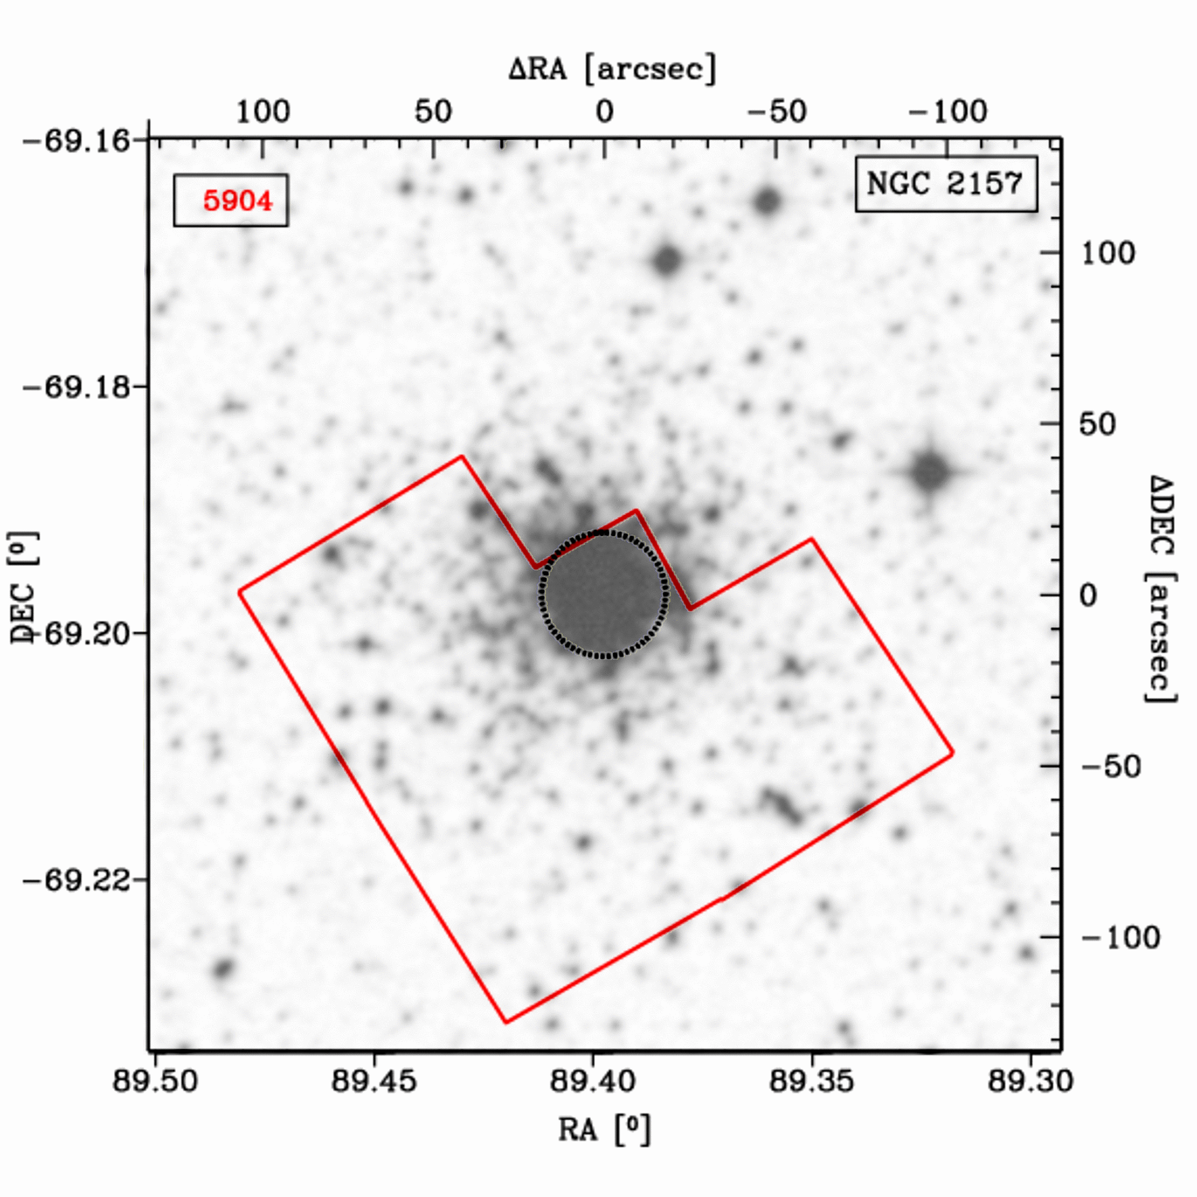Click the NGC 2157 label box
point(946,184)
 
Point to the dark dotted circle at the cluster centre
point(603,594)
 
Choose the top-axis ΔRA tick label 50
point(433,112)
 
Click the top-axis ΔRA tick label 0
point(604,112)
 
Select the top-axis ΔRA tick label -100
point(948,112)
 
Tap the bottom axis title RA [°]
point(604,1129)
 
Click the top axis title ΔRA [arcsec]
point(612,68)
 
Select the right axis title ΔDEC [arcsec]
point(1159,589)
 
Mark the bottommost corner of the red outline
point(506,1022)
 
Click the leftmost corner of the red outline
point(239,592)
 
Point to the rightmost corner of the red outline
point(952,753)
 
